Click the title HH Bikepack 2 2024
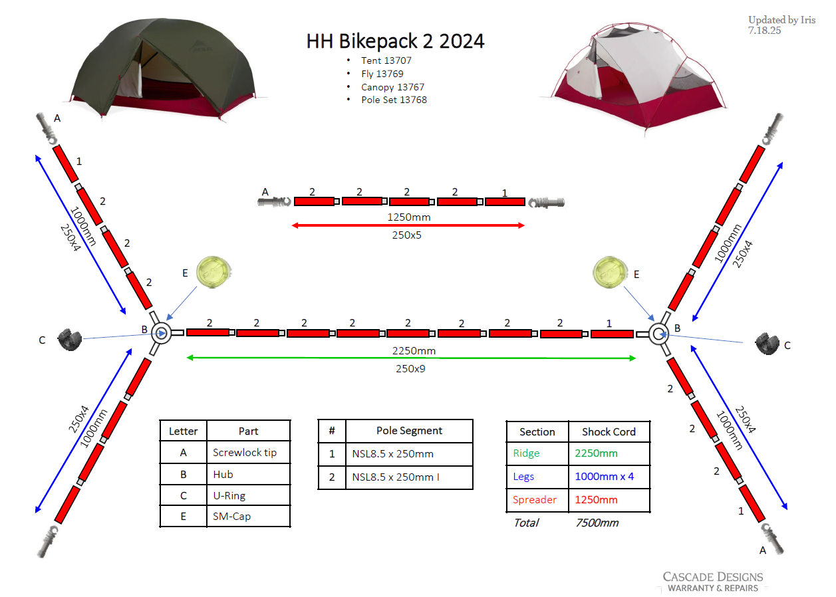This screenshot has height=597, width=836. click(395, 41)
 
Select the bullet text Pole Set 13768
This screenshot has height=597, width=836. click(394, 100)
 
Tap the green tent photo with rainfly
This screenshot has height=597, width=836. click(164, 69)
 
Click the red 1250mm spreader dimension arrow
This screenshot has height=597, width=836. click(408, 225)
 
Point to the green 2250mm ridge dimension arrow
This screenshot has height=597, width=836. click(411, 358)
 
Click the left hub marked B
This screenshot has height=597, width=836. click(161, 333)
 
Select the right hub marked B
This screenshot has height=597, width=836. click(658, 334)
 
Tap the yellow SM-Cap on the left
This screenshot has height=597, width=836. click(213, 272)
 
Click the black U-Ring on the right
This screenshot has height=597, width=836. click(767, 343)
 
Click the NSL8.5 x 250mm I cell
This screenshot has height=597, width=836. click(409, 477)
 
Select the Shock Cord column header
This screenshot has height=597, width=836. click(609, 432)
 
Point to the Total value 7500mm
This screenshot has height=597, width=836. click(597, 523)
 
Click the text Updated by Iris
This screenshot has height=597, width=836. click(782, 20)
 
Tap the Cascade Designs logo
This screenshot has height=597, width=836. click(713, 582)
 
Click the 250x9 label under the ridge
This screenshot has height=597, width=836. click(410, 369)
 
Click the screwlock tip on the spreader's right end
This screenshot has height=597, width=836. click(546, 203)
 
